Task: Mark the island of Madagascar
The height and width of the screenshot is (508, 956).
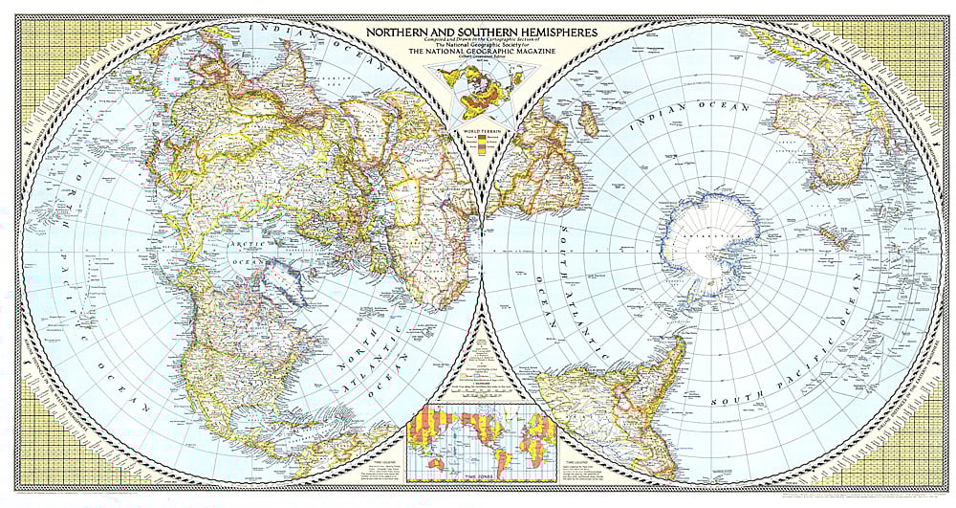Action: coord(590,120)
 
